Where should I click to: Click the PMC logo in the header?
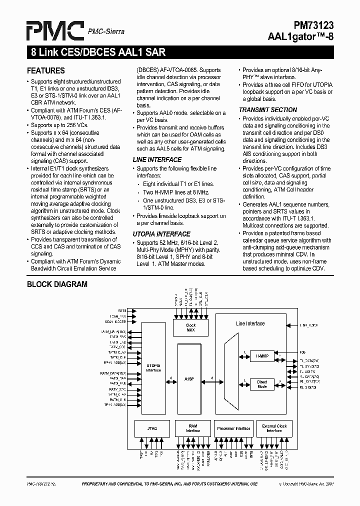click(55, 30)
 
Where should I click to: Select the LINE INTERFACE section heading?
click(157, 159)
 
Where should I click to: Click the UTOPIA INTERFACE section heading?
click(161, 234)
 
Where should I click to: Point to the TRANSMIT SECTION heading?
click(267, 110)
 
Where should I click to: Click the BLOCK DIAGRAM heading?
click(57, 284)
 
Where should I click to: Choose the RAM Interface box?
click(192, 428)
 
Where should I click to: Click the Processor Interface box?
click(233, 428)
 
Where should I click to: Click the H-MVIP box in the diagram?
click(262, 356)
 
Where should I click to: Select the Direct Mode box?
click(262, 384)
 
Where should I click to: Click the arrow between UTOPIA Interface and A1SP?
click(171, 381)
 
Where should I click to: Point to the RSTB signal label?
click(122, 310)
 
